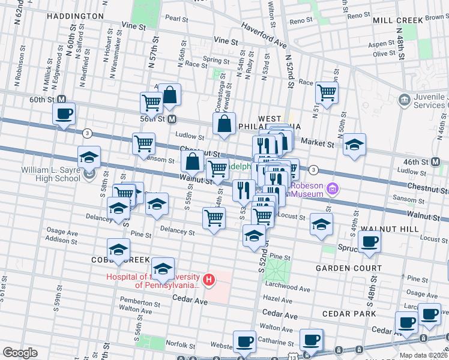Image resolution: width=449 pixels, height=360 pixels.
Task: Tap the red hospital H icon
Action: click(x=209, y=279)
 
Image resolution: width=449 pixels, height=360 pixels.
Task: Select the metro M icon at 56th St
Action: click(x=172, y=118)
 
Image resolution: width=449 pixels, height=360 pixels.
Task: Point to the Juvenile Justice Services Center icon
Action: click(x=404, y=98)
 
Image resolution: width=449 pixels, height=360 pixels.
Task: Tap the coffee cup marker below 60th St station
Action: click(x=64, y=114)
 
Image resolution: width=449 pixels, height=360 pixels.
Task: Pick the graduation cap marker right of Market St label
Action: click(x=355, y=145)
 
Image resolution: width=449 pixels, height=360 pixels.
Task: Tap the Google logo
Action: click(x=20, y=352)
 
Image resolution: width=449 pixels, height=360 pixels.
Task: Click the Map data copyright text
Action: click(x=423, y=355)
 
